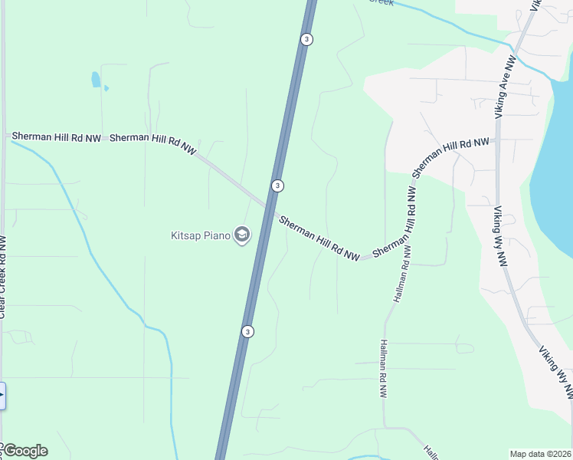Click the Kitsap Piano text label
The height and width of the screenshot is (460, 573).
click(200, 235)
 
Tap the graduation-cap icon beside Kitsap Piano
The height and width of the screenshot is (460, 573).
click(242, 235)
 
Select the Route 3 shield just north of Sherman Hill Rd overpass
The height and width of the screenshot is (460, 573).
click(277, 186)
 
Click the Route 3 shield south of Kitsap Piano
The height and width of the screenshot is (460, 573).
click(247, 331)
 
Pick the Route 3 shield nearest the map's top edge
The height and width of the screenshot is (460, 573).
click(306, 39)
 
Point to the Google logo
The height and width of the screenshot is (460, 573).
click(25, 451)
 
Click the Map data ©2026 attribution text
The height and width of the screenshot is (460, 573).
click(540, 454)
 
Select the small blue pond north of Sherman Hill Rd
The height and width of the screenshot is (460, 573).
click(96, 80)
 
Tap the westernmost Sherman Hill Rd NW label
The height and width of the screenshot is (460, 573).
click(55, 137)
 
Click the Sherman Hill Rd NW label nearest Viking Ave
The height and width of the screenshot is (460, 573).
click(450, 156)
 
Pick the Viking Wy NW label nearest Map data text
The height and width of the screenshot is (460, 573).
click(555, 371)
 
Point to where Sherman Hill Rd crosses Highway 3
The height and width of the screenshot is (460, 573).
click(270, 208)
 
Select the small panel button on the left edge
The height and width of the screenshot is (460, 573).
click(2, 396)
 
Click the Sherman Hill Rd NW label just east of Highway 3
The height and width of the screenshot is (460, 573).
click(319, 238)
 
